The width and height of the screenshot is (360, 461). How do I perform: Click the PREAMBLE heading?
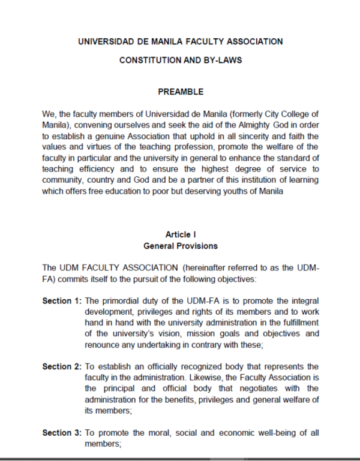click(x=180, y=92)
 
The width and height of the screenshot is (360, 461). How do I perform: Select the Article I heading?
click(x=181, y=234)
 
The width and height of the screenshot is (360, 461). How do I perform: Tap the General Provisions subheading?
click(x=181, y=246)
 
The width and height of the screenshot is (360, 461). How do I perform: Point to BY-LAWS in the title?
click(x=224, y=61)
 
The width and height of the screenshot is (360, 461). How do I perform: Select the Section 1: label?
click(x=62, y=300)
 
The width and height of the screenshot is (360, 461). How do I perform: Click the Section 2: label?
click(x=62, y=366)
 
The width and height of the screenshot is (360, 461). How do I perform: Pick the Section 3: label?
click(x=62, y=433)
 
